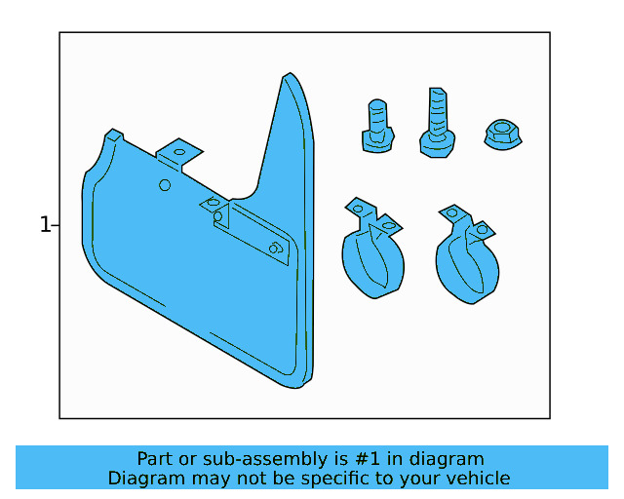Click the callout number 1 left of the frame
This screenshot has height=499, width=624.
coord(44,225)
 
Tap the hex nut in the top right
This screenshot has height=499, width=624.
coord(502,135)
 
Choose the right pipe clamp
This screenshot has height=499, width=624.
coord(467,255)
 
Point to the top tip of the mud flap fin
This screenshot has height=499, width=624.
coord(288,76)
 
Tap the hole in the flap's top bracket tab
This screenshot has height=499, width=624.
coord(178,152)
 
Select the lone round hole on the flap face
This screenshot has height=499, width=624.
coord(165,185)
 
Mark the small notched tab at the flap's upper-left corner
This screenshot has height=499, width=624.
coord(114,134)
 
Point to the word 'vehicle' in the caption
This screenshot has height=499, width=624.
coord(477,479)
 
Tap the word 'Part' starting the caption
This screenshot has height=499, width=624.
coord(154,459)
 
